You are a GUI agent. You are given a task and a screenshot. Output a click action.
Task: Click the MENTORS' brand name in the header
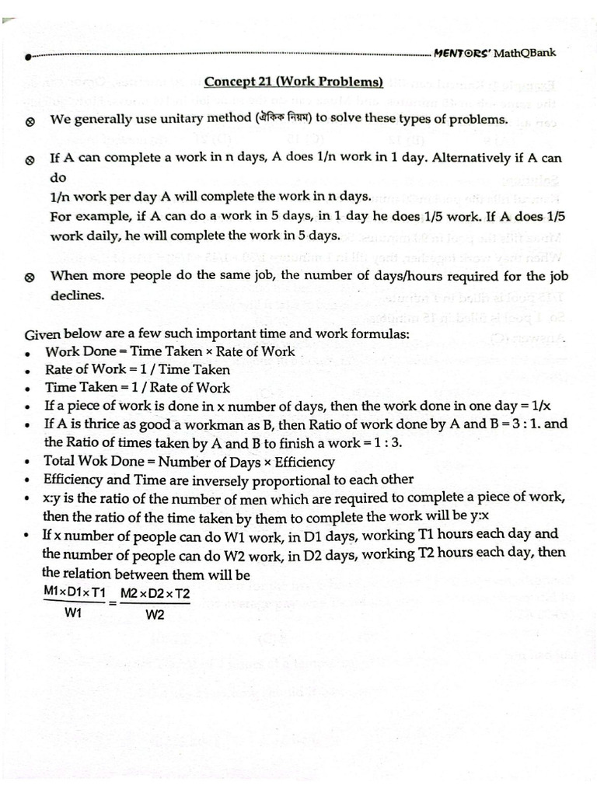click(x=463, y=53)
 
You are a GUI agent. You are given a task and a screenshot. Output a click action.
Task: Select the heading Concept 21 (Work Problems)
click(x=294, y=82)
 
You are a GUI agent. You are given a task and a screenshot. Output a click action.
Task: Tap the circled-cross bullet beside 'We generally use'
click(x=30, y=121)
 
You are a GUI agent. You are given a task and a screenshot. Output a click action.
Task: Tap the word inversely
click(x=220, y=480)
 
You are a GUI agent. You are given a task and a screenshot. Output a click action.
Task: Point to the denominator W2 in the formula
click(x=155, y=615)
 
